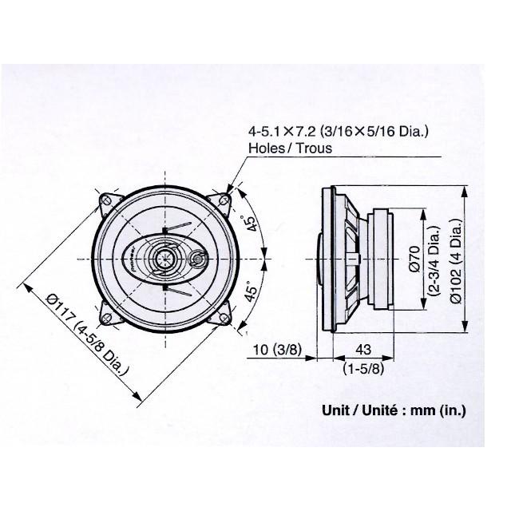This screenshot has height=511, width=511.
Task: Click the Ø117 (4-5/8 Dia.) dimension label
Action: [x=89, y=344]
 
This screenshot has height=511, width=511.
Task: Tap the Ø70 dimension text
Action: [x=415, y=259]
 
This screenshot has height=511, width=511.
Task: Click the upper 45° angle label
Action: [x=251, y=225]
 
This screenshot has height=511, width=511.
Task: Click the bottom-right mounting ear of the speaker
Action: [x=224, y=318]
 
